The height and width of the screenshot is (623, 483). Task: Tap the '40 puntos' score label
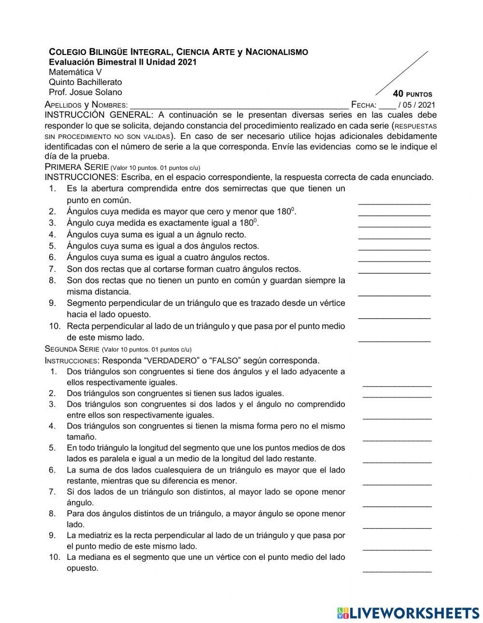412,94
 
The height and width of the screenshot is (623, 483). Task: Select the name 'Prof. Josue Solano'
85,92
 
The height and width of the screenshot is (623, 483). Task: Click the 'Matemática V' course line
75,72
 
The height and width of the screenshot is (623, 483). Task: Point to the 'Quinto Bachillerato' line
85,82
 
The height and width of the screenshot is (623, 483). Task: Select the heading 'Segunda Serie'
72,349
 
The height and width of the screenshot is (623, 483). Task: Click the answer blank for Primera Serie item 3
394,224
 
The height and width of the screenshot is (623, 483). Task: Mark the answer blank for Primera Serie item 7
394,270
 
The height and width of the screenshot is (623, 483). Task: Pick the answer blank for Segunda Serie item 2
397,395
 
